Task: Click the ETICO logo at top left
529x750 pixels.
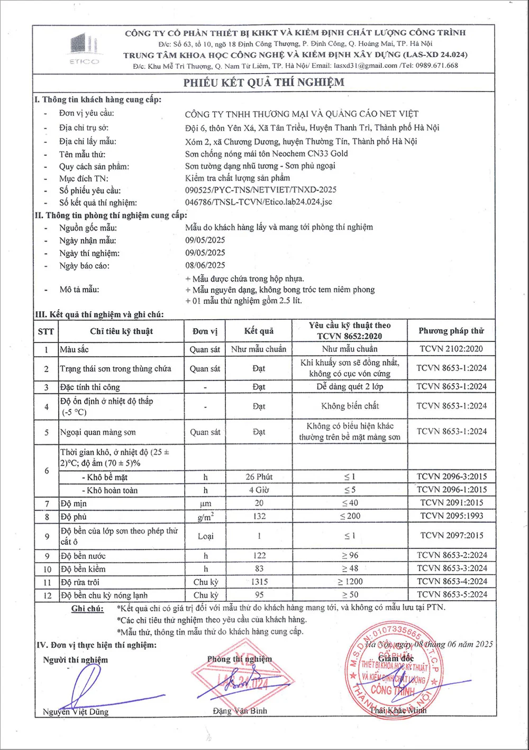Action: point(84,48)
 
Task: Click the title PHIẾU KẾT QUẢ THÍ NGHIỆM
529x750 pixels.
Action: point(263,83)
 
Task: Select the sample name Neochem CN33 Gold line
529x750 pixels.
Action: point(266,153)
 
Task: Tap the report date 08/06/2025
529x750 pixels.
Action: point(205,265)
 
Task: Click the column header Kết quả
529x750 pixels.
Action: point(259,331)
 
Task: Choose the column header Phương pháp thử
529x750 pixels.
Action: point(451,331)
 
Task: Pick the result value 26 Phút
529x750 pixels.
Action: point(259,477)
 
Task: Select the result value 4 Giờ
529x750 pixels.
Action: point(259,490)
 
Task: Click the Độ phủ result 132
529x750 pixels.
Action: point(259,516)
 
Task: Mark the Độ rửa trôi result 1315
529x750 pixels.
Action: point(259,582)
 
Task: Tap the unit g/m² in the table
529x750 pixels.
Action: point(205,517)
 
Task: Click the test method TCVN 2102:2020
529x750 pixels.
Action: point(451,349)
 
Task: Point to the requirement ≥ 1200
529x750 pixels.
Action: point(350,582)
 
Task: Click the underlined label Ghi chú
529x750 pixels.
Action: point(87,609)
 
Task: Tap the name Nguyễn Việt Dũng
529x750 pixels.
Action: point(76,712)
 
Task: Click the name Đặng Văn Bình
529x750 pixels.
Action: point(240,711)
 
